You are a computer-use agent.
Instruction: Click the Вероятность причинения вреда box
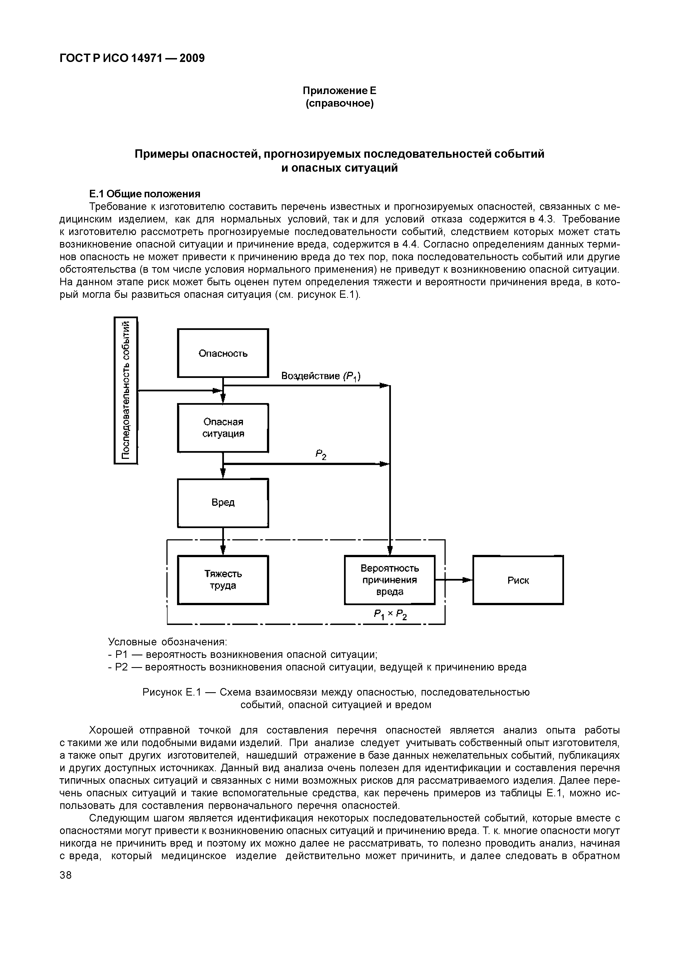pyautogui.click(x=390, y=579)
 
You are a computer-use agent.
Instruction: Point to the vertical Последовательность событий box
pyautogui.click(x=126, y=390)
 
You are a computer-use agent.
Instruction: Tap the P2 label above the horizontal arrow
pyautogui.click(x=321, y=455)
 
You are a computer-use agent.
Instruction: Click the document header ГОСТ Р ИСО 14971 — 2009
pyautogui.click(x=132, y=58)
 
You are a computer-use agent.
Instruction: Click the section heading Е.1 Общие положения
pyautogui.click(x=145, y=194)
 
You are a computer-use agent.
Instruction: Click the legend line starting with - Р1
pyautogui.click(x=242, y=655)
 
